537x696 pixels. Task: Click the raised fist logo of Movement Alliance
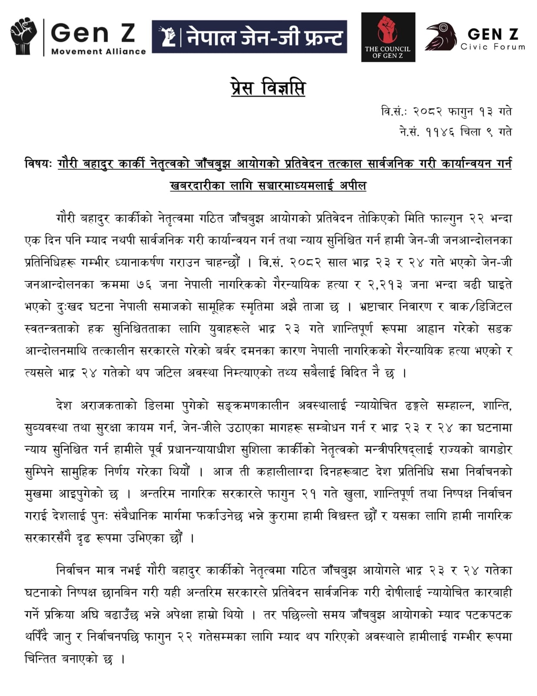click(x=23, y=36)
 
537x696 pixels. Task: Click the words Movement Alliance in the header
click(x=98, y=51)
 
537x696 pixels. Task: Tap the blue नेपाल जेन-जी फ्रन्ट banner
click(x=249, y=37)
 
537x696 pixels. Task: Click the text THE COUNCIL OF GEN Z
click(x=387, y=52)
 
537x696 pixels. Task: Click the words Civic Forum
click(x=493, y=47)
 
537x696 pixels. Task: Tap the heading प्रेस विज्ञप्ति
click(x=268, y=88)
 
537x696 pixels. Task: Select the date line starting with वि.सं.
click(x=446, y=112)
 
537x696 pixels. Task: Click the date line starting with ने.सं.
click(x=455, y=131)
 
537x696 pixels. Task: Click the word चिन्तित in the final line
click(x=40, y=659)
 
